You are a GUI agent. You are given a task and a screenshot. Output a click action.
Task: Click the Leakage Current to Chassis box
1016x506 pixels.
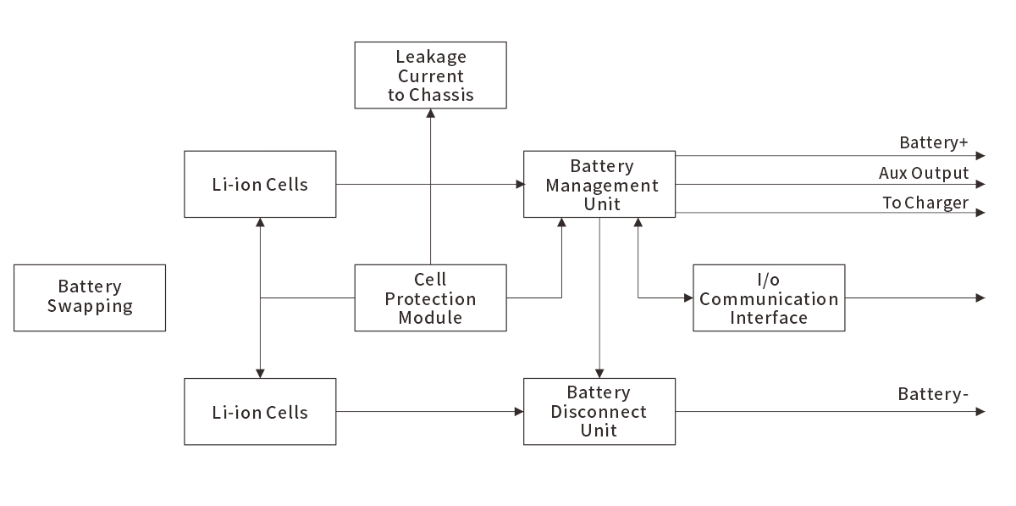point(430,75)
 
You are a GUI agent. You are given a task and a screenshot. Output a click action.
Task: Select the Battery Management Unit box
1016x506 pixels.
point(599,185)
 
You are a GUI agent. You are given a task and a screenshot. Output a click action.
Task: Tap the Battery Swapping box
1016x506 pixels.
point(90,297)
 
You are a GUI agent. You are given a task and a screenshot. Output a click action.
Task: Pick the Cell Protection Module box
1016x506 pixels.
point(430,298)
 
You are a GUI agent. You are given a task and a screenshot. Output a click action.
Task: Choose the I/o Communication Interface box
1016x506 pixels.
point(769,298)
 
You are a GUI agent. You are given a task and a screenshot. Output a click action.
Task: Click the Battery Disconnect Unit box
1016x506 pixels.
point(599,412)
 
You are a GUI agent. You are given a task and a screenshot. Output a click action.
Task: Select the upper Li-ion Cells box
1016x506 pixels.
point(260,184)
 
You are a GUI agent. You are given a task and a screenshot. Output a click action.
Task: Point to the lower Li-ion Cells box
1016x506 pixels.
point(260,413)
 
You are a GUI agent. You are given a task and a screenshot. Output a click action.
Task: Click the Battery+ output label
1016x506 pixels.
point(933,142)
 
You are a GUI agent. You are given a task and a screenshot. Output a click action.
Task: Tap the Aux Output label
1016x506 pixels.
point(923,173)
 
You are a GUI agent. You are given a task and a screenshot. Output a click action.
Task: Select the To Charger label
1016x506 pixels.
point(925,203)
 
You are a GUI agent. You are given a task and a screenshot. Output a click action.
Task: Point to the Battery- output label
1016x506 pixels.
point(933,394)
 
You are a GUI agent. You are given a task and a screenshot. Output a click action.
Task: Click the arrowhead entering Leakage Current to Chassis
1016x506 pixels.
point(430,114)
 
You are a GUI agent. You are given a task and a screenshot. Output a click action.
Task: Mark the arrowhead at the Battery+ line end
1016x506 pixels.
point(980,156)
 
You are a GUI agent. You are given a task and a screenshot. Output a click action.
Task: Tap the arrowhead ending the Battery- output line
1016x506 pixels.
point(980,412)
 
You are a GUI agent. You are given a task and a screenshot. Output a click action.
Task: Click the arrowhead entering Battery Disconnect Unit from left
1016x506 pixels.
point(518,412)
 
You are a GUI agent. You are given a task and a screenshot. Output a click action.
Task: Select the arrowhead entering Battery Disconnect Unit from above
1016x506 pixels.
point(599,373)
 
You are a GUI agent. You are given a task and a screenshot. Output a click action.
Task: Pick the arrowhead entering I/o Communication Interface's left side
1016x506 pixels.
point(687,298)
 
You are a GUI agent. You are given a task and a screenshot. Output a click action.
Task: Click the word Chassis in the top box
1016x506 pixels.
point(442,95)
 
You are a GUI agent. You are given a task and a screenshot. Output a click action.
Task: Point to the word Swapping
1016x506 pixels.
point(90,306)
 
